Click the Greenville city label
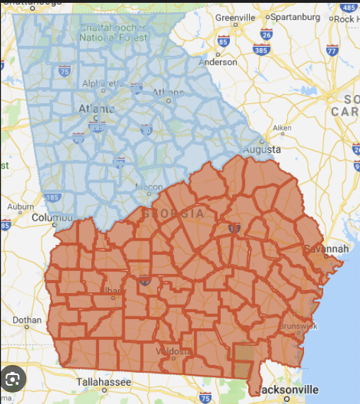(x=235, y=16)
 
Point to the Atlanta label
(x=95, y=109)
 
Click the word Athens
(x=170, y=92)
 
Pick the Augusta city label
(x=262, y=150)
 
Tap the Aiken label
(x=282, y=128)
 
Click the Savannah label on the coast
(x=326, y=249)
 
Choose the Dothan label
(x=28, y=320)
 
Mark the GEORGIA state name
(x=173, y=213)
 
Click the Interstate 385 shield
(x=260, y=50)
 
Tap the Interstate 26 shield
(x=266, y=33)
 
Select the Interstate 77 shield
(x=332, y=50)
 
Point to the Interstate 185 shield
(x=51, y=197)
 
